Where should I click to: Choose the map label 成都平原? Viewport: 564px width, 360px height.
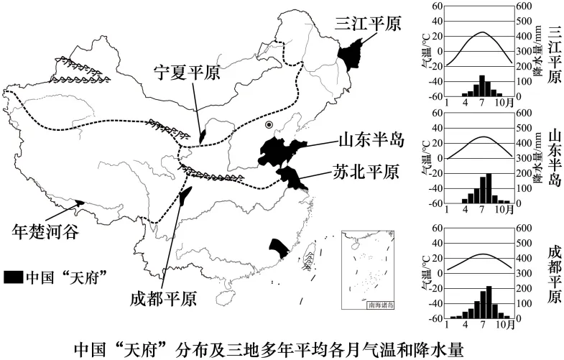click(x=165, y=298)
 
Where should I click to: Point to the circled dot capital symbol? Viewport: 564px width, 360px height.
click(x=268, y=126)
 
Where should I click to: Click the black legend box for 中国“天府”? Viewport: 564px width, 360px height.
click(x=14, y=276)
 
